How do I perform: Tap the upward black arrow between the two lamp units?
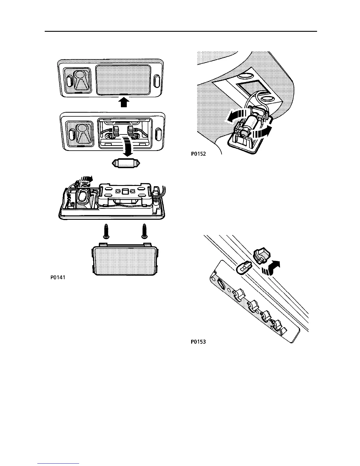pyautogui.click(x=124, y=103)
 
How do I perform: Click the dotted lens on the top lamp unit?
pyautogui.click(x=124, y=80)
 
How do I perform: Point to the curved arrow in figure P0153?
pyautogui.click(x=274, y=267)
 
